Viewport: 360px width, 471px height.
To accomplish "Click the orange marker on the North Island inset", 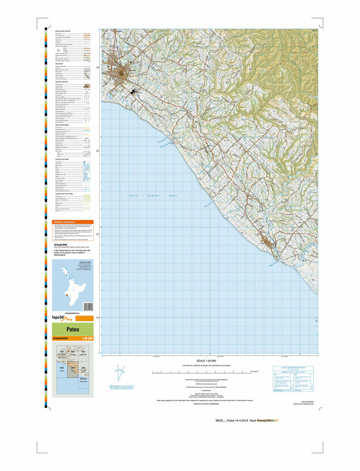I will (x=67, y=296).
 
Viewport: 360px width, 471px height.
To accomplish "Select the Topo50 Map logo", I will (x=63, y=318).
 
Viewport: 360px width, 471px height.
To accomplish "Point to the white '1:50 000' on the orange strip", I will (x=87, y=339).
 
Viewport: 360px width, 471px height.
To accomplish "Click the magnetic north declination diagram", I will (x=121, y=373).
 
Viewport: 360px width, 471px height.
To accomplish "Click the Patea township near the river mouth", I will (x=267, y=243).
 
